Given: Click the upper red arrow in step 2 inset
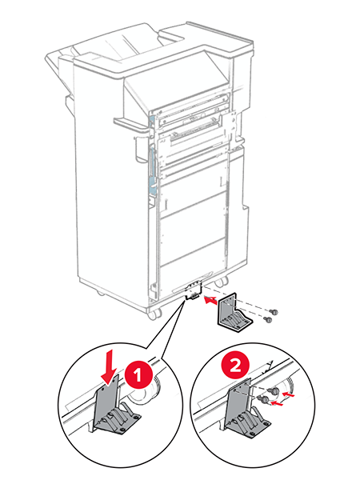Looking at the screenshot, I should (292, 392).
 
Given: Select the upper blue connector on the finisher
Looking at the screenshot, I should (150, 121).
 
